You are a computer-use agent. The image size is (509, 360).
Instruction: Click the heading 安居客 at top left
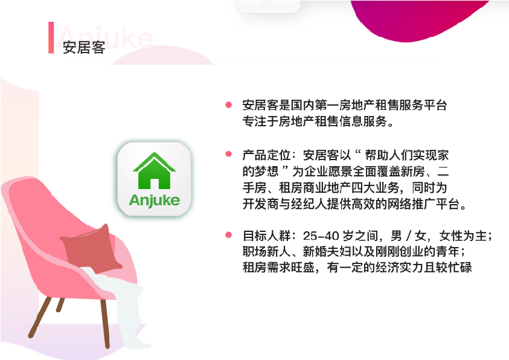[84, 47]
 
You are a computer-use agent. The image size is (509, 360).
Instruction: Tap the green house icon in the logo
[154, 171]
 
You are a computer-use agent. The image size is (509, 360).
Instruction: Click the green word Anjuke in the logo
[154, 201]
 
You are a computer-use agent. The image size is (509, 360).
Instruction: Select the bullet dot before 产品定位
[228, 154]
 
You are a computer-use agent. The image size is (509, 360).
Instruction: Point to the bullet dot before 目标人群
[228, 235]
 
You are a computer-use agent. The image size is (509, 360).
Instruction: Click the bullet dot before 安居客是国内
[228, 104]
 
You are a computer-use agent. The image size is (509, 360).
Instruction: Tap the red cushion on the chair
[92, 248]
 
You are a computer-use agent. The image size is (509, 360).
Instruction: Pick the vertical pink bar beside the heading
[51, 37]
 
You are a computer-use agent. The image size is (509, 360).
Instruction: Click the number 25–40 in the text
[321, 236]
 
